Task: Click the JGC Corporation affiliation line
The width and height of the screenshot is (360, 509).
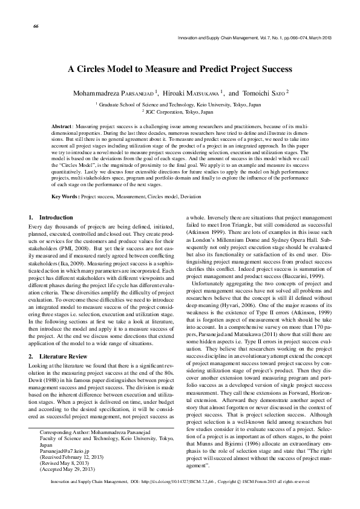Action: tap(179, 112)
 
